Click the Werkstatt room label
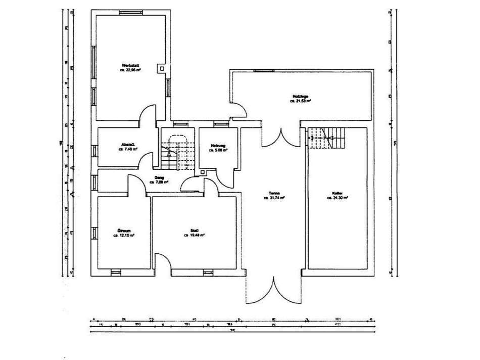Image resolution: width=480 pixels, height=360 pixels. click(x=130, y=65)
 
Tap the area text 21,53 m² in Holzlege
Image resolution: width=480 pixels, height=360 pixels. click(x=300, y=101)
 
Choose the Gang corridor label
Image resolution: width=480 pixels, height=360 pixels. click(x=159, y=177)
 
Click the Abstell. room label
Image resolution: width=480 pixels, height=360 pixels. click(x=128, y=144)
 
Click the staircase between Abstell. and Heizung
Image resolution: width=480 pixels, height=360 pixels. click(x=177, y=152)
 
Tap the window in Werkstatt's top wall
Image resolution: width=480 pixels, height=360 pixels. click(x=129, y=12)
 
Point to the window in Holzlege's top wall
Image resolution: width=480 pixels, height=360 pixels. click(x=261, y=71)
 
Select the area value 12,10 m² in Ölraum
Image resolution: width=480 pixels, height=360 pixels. click(x=122, y=235)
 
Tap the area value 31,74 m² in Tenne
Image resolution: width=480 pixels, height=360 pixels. click(x=274, y=198)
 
